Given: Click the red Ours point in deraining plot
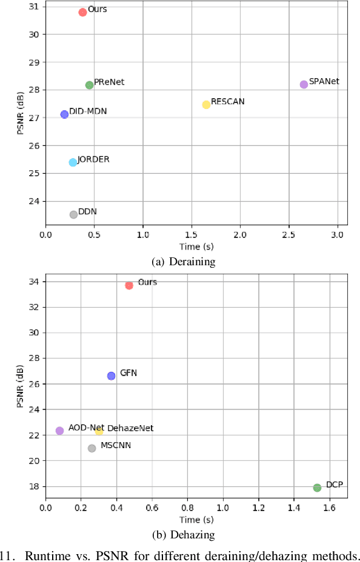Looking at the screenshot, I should [x=82, y=12].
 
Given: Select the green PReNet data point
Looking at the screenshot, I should [x=90, y=85].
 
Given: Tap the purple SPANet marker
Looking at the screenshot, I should [x=304, y=84].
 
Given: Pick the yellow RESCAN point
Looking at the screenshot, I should [x=206, y=104].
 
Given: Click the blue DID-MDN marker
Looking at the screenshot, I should [x=64, y=114].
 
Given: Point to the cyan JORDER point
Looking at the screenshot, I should [x=73, y=162].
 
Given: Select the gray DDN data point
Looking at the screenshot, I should [x=73, y=214].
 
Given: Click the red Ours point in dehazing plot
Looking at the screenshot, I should [x=129, y=285].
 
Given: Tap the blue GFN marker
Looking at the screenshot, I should [x=111, y=375].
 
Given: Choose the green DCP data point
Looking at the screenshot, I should [x=317, y=488].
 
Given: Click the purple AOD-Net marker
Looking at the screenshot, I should [x=59, y=431].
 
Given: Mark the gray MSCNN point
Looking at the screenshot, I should [x=92, y=448].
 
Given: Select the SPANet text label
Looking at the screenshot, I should [x=324, y=81].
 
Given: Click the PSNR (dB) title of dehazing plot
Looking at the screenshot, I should [x=20, y=386].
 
